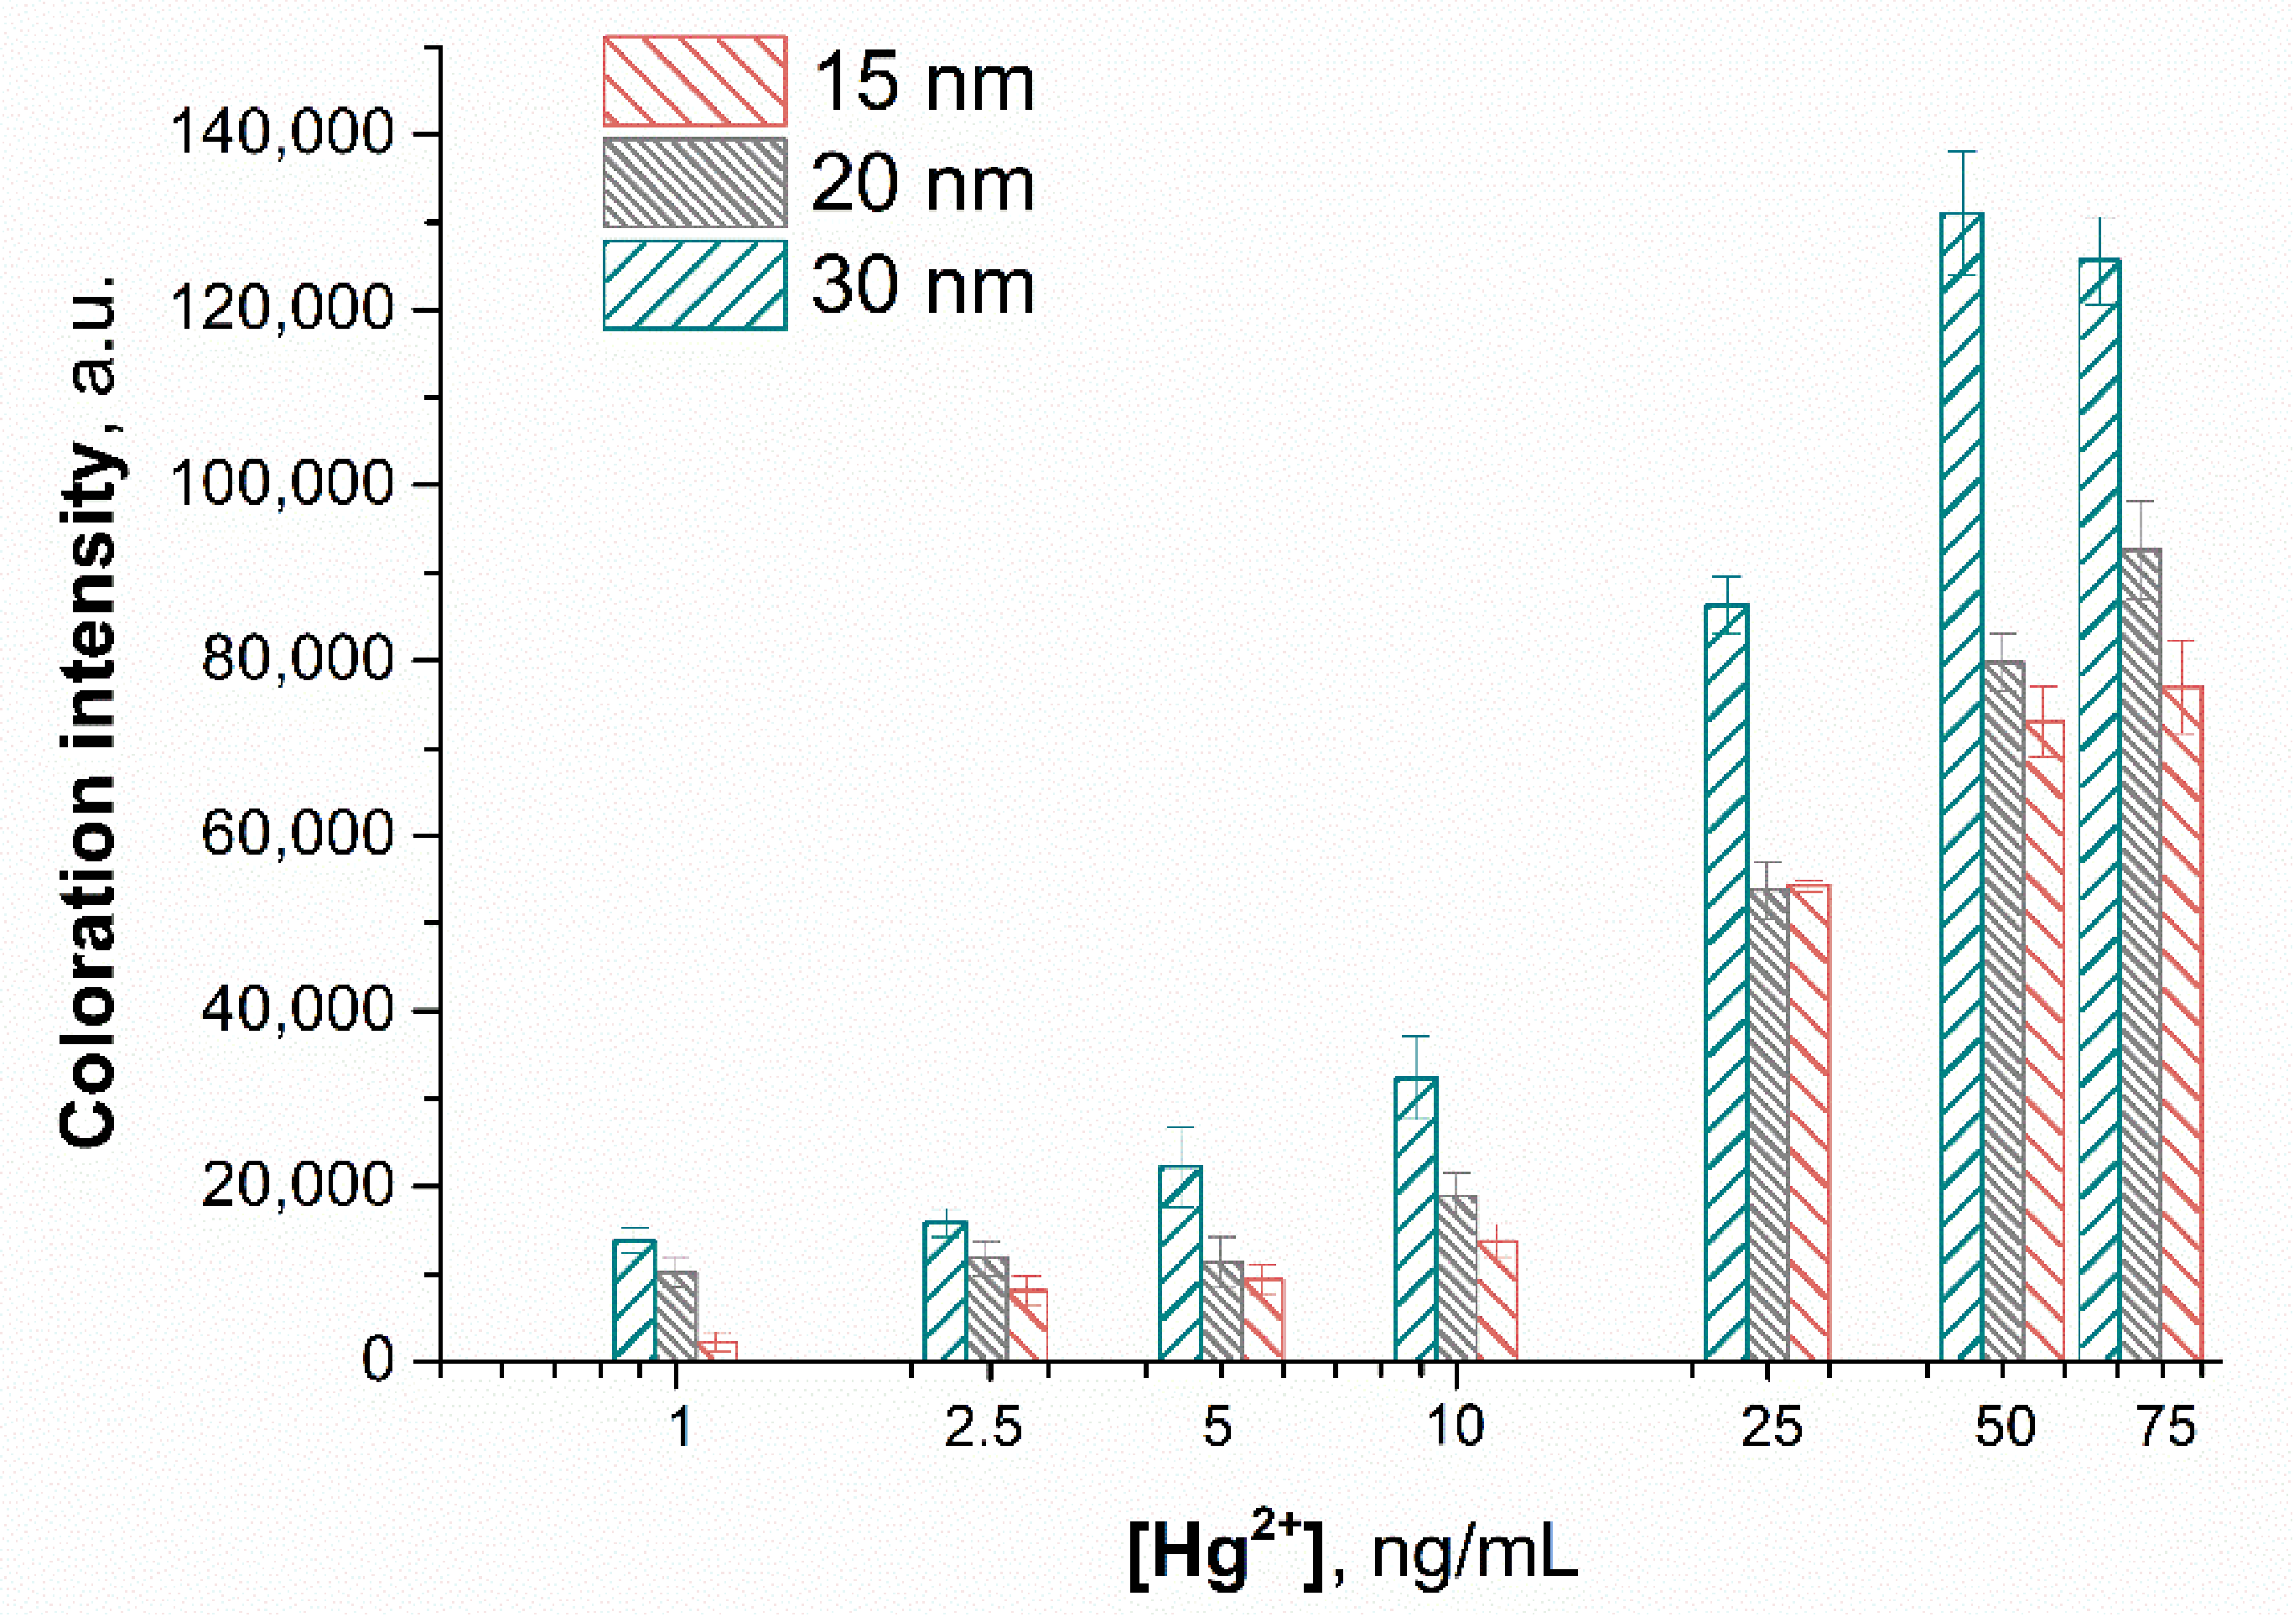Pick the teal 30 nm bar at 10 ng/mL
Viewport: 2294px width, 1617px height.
point(1414,1219)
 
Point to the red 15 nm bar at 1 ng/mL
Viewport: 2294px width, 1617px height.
point(718,1350)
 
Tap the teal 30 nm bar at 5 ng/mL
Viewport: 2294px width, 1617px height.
point(1180,1263)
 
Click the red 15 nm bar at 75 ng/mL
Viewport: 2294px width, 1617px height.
point(2182,1023)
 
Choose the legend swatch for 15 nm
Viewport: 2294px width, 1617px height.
point(694,81)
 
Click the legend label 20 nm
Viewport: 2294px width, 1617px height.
point(922,184)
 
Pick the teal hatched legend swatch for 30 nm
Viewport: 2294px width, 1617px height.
point(694,285)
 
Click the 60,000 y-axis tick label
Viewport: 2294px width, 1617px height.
point(297,834)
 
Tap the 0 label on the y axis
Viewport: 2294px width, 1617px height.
point(376,1360)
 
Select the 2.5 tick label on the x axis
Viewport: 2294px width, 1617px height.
point(984,1427)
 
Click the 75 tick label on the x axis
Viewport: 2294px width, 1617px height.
point(2166,1427)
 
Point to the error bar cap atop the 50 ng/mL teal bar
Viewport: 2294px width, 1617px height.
point(1962,152)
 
